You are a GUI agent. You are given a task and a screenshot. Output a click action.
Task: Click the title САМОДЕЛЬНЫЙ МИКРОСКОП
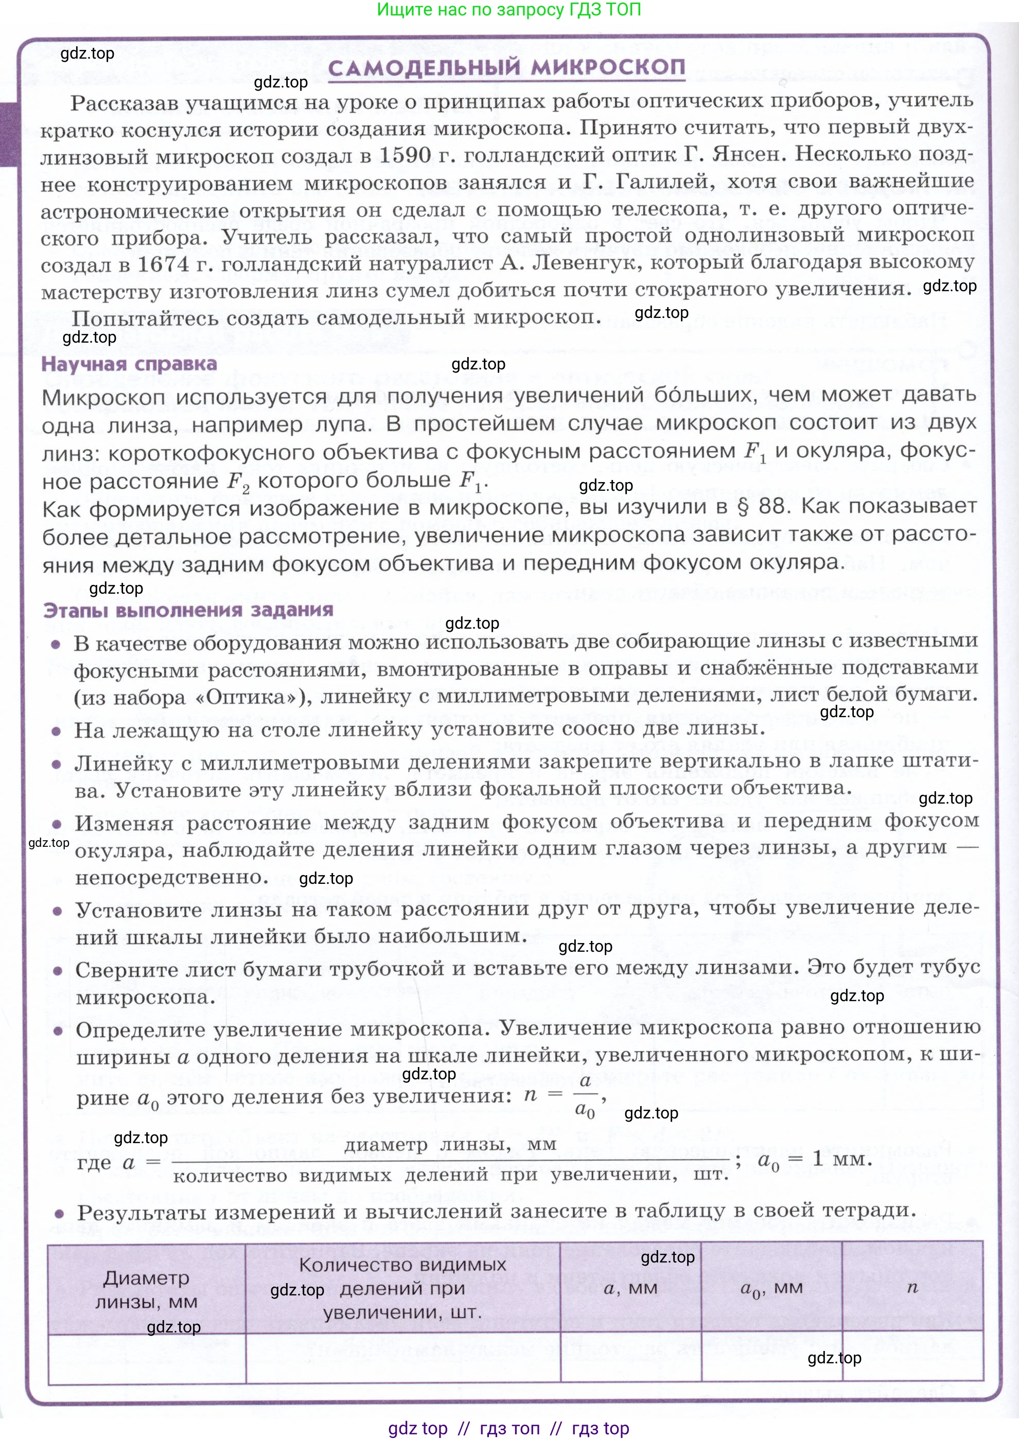pyautogui.click(x=506, y=68)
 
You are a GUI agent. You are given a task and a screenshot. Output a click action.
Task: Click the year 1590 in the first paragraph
pyautogui.click(x=405, y=155)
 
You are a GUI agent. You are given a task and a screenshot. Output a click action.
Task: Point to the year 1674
pyautogui.click(x=163, y=264)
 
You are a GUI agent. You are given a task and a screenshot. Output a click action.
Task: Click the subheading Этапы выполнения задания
pyautogui.click(x=188, y=610)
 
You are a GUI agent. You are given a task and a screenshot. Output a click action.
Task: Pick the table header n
pyautogui.click(x=912, y=1288)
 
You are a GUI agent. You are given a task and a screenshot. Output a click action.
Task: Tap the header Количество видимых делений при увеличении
pyautogui.click(x=402, y=1288)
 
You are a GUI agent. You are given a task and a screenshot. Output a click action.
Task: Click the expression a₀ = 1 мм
pyautogui.click(x=814, y=1160)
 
